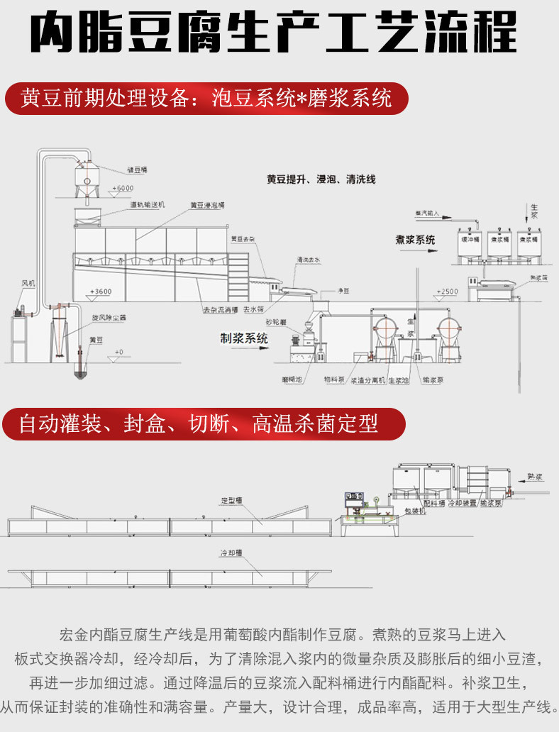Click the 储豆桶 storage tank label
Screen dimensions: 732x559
[x=137, y=170]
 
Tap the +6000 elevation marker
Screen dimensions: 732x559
[x=122, y=188]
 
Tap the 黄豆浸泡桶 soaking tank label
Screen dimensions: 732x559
[x=206, y=205]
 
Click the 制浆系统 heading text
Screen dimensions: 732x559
[x=244, y=339]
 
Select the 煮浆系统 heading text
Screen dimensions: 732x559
[x=415, y=239]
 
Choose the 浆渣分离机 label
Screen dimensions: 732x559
[x=369, y=380]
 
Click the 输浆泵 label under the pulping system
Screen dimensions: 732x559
[x=431, y=380]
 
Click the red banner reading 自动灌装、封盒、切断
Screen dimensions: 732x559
[x=203, y=424]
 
